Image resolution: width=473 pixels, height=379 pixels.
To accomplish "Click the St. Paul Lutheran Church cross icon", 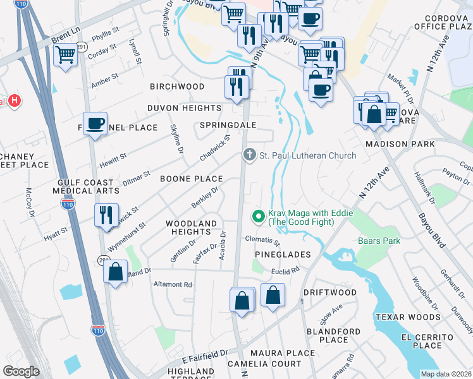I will (x=250, y=155).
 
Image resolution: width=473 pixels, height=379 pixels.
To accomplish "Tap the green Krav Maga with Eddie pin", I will (x=258, y=217).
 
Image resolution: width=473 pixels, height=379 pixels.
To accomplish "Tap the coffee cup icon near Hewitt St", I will (x=95, y=124).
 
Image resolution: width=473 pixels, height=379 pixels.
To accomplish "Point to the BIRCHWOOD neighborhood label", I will (x=177, y=87).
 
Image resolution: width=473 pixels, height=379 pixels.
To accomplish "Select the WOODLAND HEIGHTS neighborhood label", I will (x=192, y=228).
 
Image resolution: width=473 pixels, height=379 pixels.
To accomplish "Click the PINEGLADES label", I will (x=283, y=254).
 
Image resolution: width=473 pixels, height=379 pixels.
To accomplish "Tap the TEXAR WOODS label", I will (x=407, y=316).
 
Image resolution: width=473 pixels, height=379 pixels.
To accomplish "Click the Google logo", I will (x=21, y=371).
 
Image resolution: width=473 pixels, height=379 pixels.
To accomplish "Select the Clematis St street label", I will (x=263, y=240).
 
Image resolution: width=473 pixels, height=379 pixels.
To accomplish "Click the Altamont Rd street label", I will (x=173, y=285).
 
